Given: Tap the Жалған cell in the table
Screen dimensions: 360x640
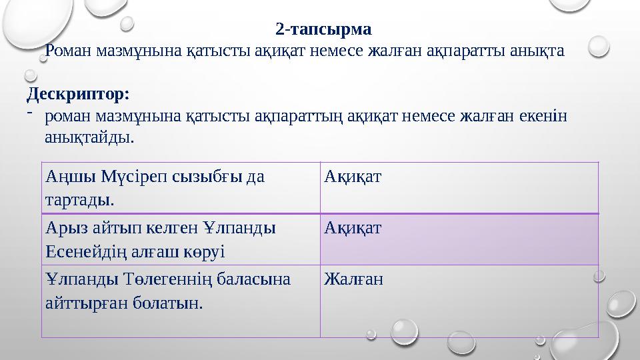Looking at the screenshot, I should [353, 279].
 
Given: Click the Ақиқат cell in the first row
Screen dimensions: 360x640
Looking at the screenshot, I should [353, 177].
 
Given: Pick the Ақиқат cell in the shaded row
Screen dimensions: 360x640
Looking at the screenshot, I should [353, 229].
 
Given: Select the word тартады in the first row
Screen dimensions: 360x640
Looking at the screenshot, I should [77, 199].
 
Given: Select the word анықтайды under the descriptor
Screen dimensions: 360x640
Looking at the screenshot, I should [89, 138].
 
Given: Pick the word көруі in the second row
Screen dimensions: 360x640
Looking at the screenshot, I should [205, 251].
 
